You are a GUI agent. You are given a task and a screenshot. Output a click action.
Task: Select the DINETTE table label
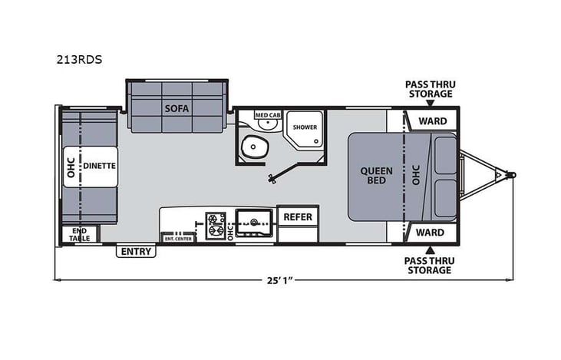coord(99,164)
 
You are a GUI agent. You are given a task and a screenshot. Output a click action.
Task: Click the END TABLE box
coord(80,235)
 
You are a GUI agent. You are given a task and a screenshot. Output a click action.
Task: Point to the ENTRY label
coord(136,251)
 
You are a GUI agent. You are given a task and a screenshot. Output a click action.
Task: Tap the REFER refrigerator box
coord(298,217)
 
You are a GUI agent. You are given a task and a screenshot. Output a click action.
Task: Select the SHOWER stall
coord(304,128)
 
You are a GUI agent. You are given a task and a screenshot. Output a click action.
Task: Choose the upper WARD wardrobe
coord(432,120)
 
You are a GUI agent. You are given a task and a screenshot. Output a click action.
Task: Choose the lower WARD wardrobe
coord(432,231)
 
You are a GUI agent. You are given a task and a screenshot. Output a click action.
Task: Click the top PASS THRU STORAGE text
coord(429,89)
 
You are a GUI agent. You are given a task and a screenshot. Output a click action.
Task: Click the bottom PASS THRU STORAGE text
coord(428,265)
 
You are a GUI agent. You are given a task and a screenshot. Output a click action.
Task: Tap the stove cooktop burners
coord(214,223)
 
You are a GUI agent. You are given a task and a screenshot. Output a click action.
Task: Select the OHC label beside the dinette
coord(71,167)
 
